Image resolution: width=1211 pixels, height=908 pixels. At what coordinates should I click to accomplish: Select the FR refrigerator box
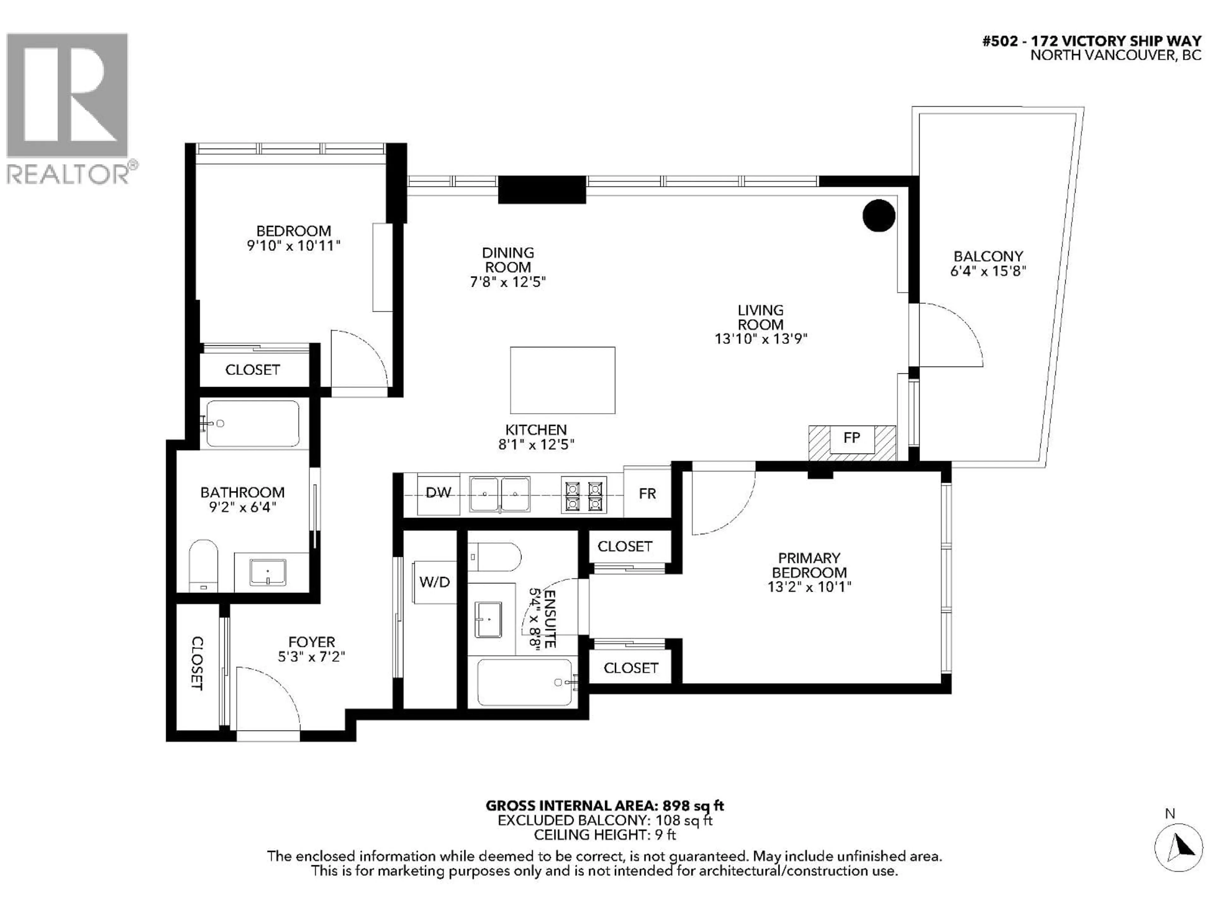pyautogui.click(x=647, y=494)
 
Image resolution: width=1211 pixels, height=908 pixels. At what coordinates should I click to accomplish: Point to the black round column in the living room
pyautogui.click(x=879, y=216)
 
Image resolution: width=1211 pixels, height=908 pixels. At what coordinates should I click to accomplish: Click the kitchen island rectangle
pyautogui.click(x=562, y=380)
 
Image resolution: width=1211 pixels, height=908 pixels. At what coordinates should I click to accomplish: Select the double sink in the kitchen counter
pyautogui.click(x=499, y=494)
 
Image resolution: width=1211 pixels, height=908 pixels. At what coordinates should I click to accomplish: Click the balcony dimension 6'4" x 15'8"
pyautogui.click(x=988, y=271)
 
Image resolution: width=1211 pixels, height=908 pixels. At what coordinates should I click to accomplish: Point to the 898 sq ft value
pyautogui.click(x=693, y=806)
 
